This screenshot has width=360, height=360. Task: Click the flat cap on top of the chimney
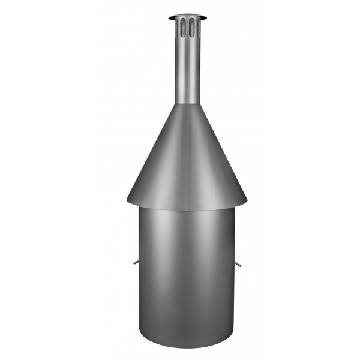(x=187, y=17)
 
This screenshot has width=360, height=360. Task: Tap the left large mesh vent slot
(x=183, y=27)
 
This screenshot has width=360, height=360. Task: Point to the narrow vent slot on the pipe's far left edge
(x=176, y=27)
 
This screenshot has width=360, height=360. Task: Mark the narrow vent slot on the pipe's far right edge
(x=198, y=27)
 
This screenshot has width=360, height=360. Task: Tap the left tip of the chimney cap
(x=169, y=17)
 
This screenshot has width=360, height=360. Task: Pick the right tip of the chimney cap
(x=206, y=17)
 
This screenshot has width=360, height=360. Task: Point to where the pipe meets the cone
(x=187, y=104)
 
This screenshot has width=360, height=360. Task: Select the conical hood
(x=187, y=156)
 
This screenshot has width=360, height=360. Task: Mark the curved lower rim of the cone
(x=187, y=209)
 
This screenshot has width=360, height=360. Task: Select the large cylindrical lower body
(x=187, y=276)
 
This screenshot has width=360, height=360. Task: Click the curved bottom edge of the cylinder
(x=187, y=347)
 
